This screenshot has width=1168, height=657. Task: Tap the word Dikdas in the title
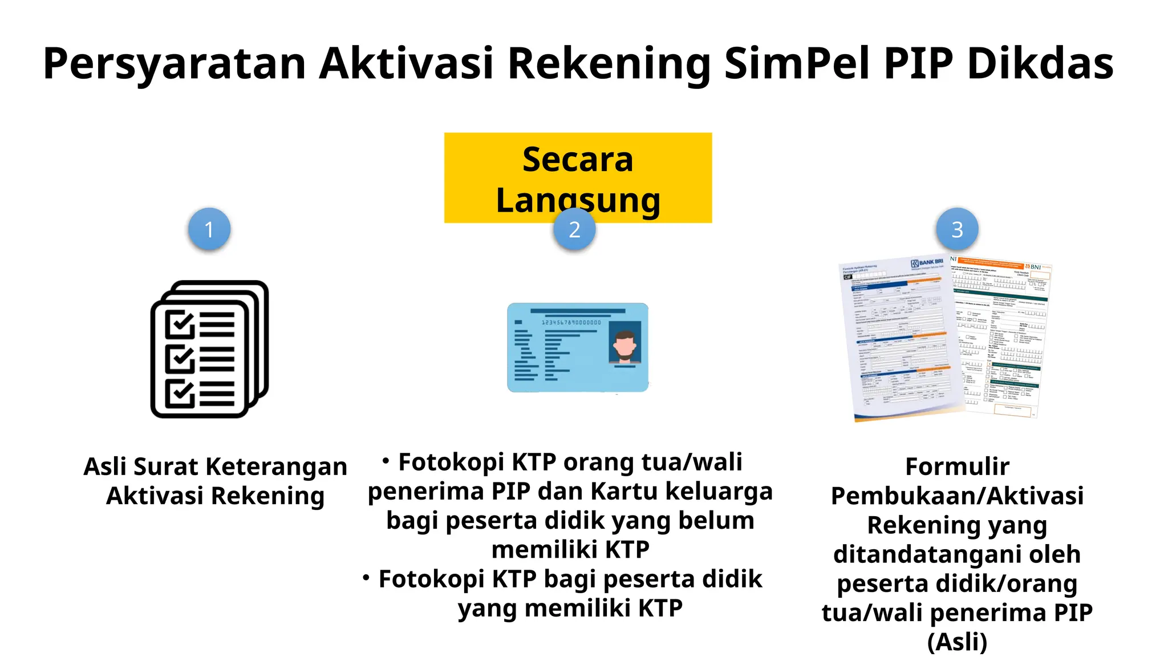(1040, 63)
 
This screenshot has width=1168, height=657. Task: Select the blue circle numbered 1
(209, 229)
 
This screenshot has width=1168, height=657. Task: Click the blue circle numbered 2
(574, 229)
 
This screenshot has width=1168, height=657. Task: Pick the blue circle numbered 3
(957, 229)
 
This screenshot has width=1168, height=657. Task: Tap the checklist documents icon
(209, 349)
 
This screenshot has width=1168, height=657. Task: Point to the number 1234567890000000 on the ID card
(571, 322)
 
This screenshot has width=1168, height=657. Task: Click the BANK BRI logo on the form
(927, 263)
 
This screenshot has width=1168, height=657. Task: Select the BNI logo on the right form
(1033, 267)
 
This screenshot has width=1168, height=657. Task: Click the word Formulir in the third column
(957, 467)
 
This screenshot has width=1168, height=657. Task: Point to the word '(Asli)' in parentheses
(957, 642)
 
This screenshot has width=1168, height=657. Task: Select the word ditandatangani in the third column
(957, 554)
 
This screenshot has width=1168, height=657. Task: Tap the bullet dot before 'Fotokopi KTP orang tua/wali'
(386, 460)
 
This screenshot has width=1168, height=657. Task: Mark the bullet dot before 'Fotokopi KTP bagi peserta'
(366, 577)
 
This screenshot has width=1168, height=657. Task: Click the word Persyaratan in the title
(174, 63)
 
